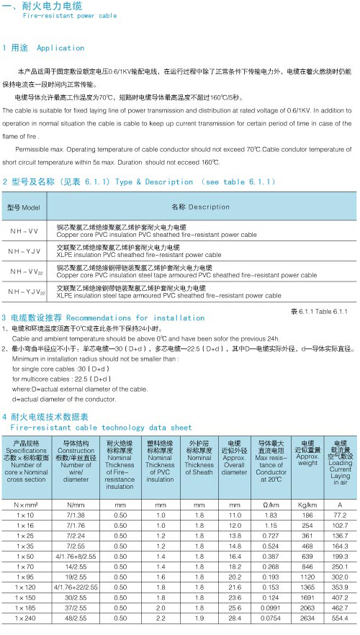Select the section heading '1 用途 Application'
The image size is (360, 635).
(45, 48)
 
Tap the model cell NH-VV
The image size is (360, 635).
(24, 232)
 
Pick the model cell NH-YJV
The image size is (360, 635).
(25, 252)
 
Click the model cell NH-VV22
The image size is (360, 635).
(26, 272)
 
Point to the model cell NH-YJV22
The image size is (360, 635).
(27, 292)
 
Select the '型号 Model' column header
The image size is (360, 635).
(24, 207)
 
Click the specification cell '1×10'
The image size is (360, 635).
(25, 496)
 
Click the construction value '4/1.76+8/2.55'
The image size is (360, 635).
(76, 536)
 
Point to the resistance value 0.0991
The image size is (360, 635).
(271, 607)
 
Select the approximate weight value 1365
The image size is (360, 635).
(307, 587)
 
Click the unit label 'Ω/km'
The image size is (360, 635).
(271, 485)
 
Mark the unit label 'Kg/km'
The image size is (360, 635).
(307, 485)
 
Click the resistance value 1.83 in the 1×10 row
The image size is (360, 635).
(271, 496)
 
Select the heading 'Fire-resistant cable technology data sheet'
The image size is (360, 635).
(101, 427)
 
